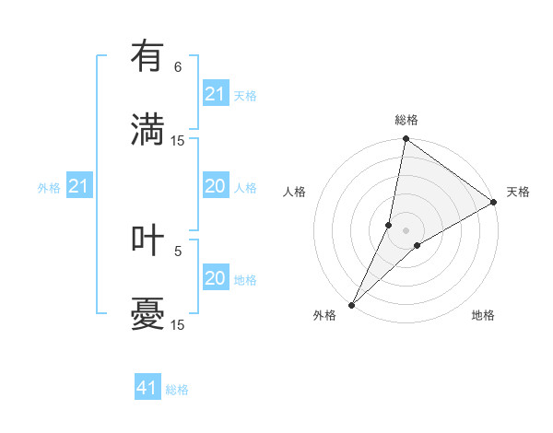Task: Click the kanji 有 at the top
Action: point(147,58)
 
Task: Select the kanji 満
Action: point(147,127)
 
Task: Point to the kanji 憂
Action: point(147,312)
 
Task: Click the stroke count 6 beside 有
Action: point(178,67)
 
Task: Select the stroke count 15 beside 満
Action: point(178,141)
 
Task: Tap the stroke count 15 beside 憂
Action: point(178,324)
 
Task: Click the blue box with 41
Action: point(147,388)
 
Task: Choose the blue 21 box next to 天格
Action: point(216,94)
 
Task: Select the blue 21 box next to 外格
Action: point(79,187)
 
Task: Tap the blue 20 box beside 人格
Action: point(216,187)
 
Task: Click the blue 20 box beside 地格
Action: point(216,278)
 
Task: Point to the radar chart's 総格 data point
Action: point(406,139)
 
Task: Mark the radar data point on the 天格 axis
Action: point(494,203)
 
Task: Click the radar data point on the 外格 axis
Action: point(351,304)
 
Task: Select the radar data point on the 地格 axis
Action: point(418,244)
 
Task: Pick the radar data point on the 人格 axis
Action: point(389,225)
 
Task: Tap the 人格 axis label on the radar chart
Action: point(295,192)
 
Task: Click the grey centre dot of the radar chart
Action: point(406,229)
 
